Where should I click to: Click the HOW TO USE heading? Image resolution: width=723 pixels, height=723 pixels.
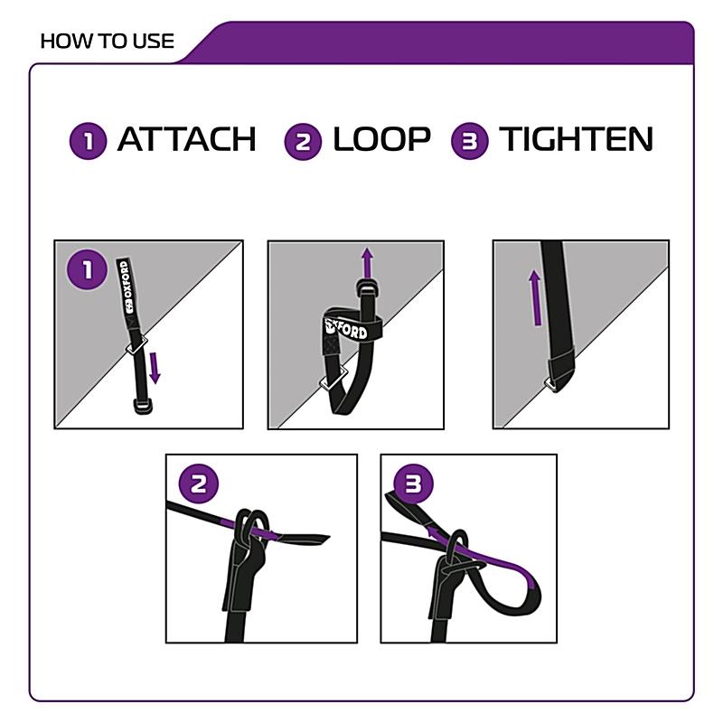107,42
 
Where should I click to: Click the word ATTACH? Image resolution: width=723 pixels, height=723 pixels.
187,139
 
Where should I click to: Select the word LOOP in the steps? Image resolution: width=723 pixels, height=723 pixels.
381,139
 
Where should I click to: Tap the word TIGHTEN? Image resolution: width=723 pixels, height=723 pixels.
576,139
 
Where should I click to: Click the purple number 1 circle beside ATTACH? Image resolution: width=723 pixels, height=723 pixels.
88,141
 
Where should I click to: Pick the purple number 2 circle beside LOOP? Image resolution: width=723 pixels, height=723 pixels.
303,142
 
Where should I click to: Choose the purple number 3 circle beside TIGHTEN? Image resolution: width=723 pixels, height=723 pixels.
469,141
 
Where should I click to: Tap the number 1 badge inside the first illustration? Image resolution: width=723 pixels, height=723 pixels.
87,269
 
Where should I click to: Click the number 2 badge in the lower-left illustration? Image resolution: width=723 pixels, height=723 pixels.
199,484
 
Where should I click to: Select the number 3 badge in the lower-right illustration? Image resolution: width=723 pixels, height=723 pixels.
413,484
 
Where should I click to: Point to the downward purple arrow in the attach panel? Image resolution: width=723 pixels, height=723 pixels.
155,368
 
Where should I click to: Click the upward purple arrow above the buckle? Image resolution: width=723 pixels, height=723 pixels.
367,262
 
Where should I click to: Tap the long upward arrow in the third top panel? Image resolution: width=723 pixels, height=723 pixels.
535,298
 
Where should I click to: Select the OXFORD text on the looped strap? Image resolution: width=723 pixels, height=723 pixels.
347,328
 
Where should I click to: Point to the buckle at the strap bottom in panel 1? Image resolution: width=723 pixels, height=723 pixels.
143,406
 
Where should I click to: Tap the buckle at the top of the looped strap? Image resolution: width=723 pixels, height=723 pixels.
368,288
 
